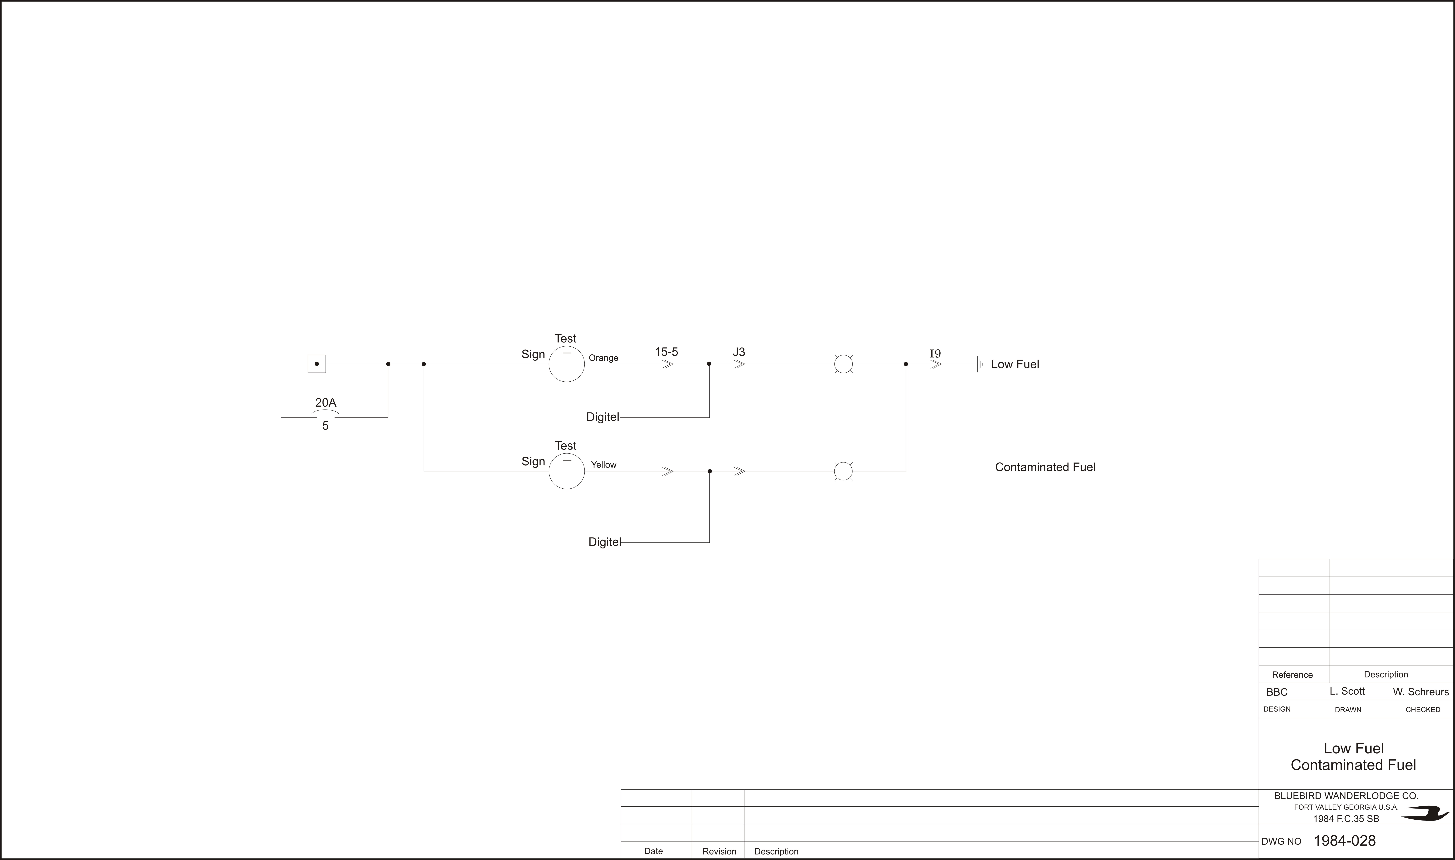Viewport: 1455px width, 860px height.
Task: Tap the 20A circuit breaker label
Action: tap(326, 402)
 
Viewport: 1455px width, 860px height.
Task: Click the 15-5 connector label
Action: tap(666, 352)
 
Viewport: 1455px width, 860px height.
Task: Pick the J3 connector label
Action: tap(739, 352)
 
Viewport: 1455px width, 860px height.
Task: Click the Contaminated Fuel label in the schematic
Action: tap(1045, 467)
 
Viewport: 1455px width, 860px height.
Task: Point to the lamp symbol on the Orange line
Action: tap(843, 364)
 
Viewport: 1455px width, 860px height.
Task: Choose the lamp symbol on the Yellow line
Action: tap(843, 471)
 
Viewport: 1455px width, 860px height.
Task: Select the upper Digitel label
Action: tap(602, 417)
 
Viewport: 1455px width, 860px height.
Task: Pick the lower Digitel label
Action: tap(605, 542)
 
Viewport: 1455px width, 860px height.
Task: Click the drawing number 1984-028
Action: tap(1344, 840)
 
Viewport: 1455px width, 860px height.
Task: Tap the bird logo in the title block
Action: tap(1425, 814)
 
